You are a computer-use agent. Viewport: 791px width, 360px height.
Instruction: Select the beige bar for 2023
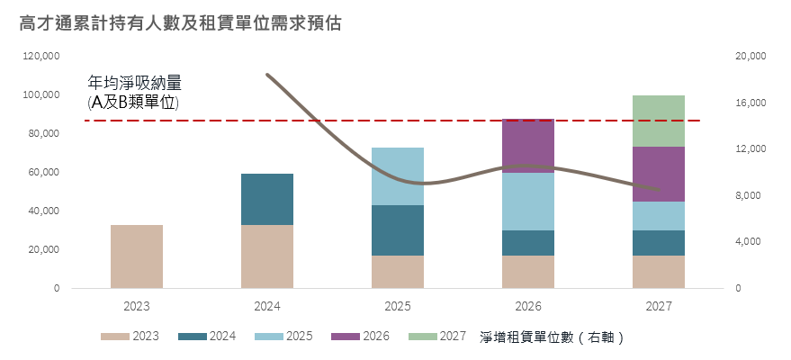(137, 256)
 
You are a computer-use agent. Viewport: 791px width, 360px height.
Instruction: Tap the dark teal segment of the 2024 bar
(267, 199)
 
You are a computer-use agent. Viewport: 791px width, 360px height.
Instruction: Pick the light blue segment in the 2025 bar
(398, 176)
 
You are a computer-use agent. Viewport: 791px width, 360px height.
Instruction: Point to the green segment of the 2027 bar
(658, 121)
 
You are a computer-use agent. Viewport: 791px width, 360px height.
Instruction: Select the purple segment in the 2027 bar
(658, 174)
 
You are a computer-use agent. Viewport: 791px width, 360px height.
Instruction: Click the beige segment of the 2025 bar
(398, 272)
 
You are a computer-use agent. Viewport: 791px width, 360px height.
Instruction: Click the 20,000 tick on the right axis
(750, 56)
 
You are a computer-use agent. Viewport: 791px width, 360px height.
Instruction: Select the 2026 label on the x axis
(528, 306)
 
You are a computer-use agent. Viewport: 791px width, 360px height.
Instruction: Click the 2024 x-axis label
(267, 306)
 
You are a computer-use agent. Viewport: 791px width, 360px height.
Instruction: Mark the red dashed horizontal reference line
(360, 120)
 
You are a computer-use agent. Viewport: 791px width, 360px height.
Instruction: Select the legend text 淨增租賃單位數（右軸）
(553, 337)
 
